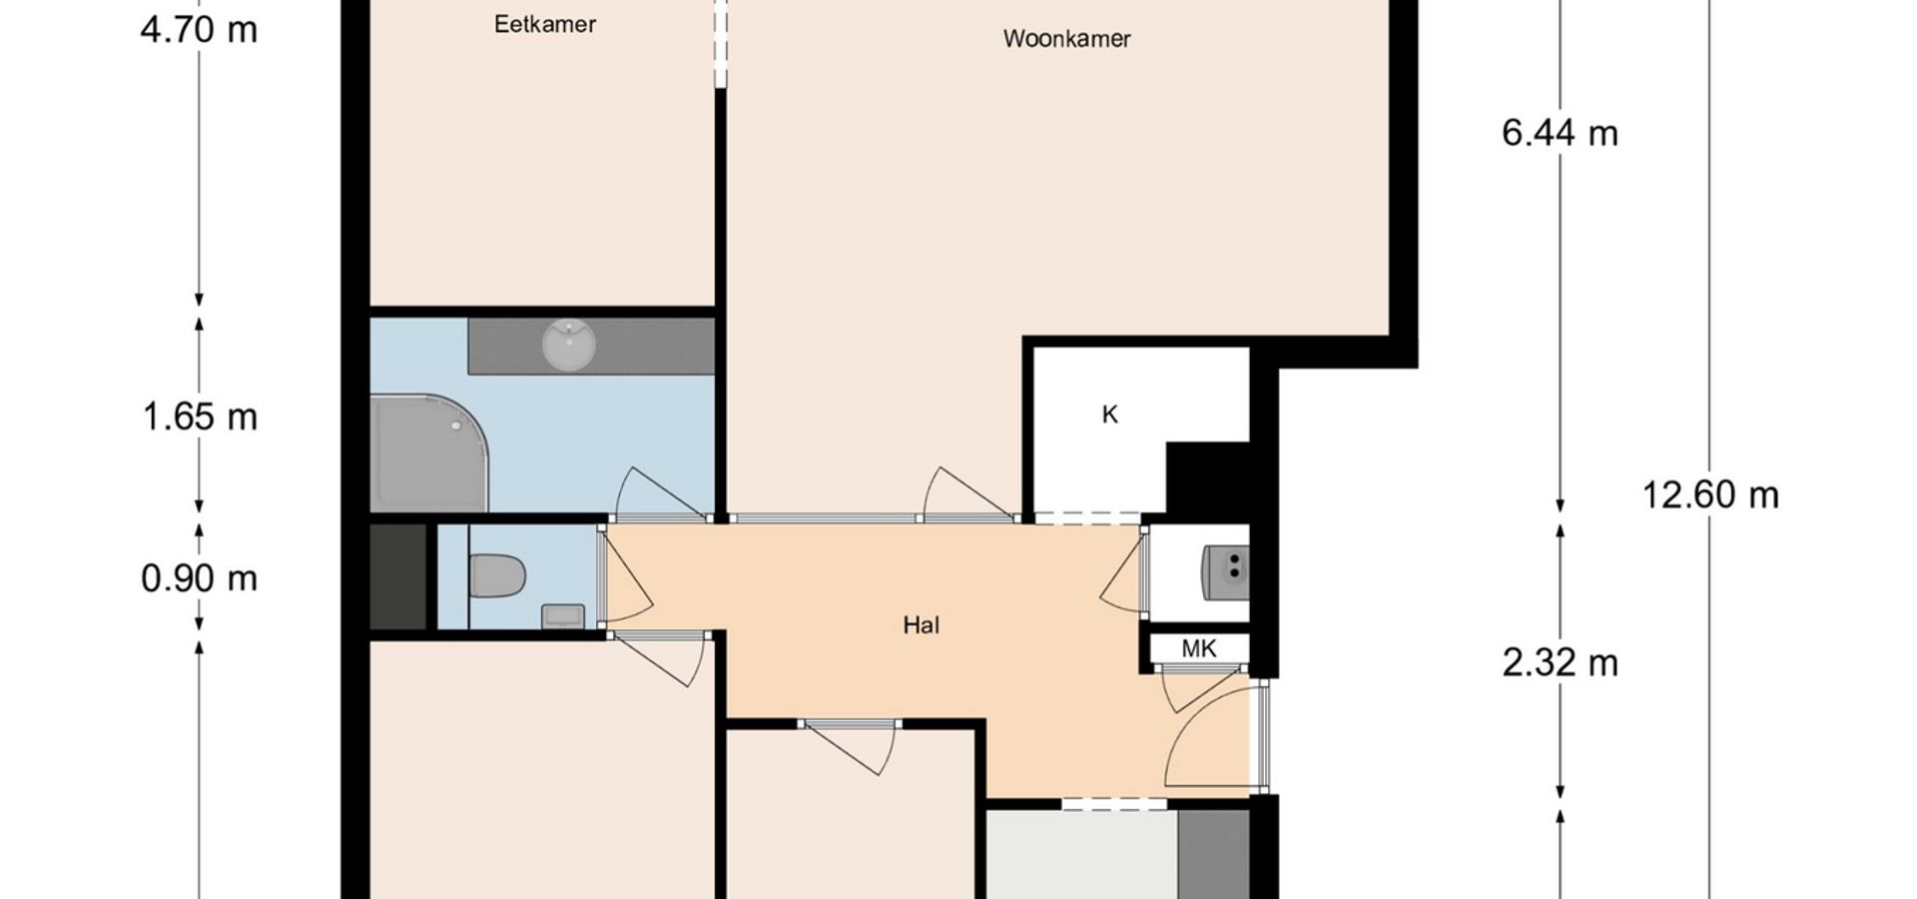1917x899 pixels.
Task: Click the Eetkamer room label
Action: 545,24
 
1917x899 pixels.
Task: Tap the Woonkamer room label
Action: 1066,39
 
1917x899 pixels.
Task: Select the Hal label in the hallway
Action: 921,625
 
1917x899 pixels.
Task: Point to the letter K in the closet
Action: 1109,415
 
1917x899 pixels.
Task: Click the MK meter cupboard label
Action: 1199,649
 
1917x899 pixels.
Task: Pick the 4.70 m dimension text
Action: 199,30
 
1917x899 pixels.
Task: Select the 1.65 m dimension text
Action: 200,417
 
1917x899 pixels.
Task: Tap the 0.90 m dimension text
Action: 199,578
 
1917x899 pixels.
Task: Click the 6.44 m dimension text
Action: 1560,133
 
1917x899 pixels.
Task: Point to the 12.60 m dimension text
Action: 1710,494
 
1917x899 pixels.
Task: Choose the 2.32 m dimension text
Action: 1560,662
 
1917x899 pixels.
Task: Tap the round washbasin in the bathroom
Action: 568,345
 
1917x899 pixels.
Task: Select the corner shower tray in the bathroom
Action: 429,453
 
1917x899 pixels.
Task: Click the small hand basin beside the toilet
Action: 563,616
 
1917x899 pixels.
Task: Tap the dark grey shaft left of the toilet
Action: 398,576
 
